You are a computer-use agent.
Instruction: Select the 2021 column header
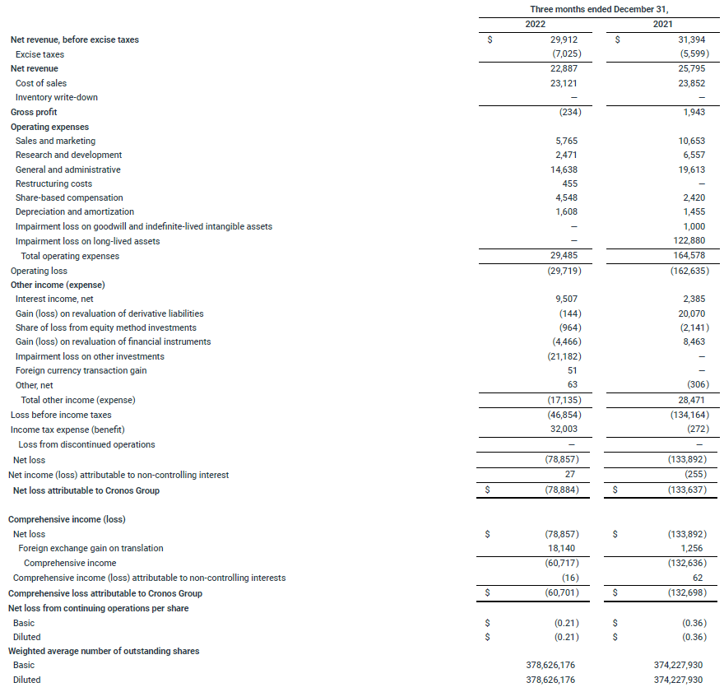pyautogui.click(x=662, y=24)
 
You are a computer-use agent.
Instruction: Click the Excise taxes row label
pyautogui.click(x=39, y=54)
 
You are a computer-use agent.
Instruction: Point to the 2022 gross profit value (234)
pyautogui.click(x=565, y=112)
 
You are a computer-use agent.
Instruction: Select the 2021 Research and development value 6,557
pyautogui.click(x=689, y=155)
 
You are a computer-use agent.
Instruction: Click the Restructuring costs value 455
pyautogui.click(x=569, y=183)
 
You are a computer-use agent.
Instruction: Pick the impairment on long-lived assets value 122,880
pyautogui.click(x=686, y=241)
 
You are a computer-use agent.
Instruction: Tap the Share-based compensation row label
pyautogui.click(x=69, y=197)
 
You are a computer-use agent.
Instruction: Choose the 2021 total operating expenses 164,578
pyautogui.click(x=686, y=256)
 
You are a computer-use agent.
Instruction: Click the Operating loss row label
pyautogui.click(x=39, y=271)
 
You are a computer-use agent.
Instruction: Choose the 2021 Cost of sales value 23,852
pyautogui.click(x=689, y=83)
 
